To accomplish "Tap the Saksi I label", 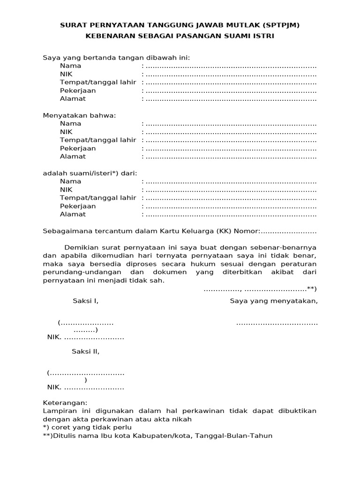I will point(85,301).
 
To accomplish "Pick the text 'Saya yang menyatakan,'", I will point(274,301).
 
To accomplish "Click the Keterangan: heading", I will point(65,403).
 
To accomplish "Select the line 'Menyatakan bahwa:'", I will point(79,115).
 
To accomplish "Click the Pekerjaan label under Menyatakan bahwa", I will point(78,148).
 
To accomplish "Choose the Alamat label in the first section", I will point(73,99).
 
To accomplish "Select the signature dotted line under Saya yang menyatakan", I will point(277,323).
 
